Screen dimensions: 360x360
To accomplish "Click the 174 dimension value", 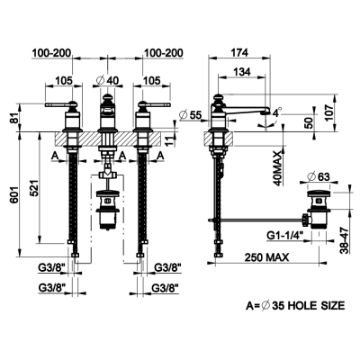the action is (x=239, y=52).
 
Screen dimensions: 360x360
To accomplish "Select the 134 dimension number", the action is (x=242, y=71).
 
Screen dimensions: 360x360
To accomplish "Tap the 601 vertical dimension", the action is (x=14, y=196).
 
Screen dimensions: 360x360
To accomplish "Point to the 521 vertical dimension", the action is (x=35, y=188).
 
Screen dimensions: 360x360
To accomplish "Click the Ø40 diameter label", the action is (x=107, y=80).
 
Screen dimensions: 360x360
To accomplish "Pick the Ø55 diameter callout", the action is (x=191, y=114).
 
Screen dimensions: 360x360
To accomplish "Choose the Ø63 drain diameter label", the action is (x=319, y=176).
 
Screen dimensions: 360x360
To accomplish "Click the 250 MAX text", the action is (x=266, y=257).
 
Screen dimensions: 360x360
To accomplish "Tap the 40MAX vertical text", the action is (x=277, y=168).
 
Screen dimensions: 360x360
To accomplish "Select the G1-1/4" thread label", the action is (x=285, y=236).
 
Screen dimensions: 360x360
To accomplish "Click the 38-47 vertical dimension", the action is (x=346, y=240).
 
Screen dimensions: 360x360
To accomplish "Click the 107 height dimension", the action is (x=328, y=113).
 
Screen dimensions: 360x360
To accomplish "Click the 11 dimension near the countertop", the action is (x=170, y=140).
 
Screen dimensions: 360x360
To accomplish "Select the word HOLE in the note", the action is (x=304, y=306).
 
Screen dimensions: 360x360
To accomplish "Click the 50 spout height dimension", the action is (x=309, y=122).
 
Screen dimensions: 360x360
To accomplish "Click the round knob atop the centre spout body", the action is (x=107, y=97).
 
